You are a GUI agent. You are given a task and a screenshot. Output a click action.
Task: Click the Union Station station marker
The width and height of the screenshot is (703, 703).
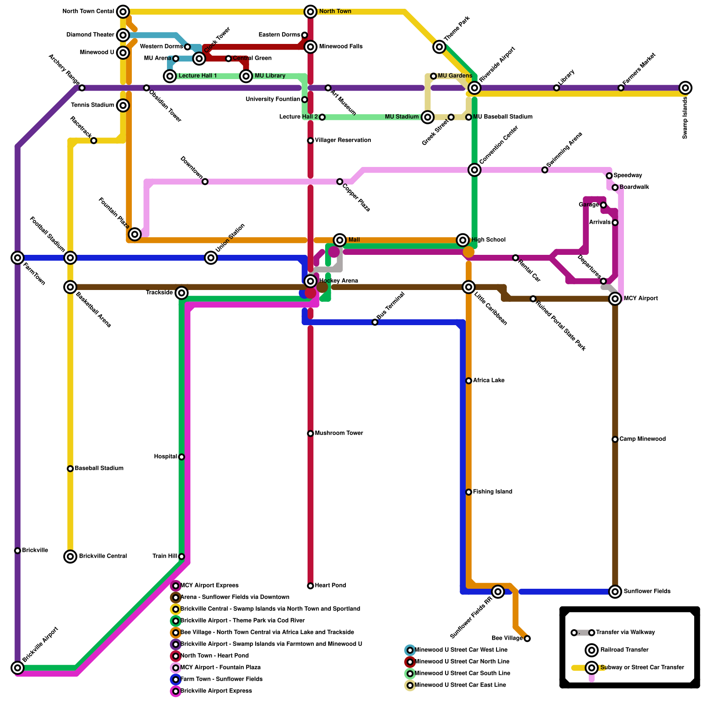coord(211,258)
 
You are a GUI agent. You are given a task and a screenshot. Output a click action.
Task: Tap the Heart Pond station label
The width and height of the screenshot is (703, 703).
coord(330,585)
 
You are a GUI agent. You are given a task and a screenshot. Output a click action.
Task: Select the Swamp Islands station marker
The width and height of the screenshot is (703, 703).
coord(685,88)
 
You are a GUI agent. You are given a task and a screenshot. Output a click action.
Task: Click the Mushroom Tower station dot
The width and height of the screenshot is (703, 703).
coord(311,434)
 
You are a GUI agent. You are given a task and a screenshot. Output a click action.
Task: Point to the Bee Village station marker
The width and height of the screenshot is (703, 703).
coord(527,638)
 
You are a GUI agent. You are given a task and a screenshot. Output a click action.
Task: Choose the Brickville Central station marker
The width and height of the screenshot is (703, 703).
coord(70,556)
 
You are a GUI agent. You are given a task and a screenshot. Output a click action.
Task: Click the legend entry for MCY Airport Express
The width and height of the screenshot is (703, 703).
coord(209,585)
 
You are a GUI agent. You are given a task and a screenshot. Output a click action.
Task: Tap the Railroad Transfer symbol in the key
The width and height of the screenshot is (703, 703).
coord(592,650)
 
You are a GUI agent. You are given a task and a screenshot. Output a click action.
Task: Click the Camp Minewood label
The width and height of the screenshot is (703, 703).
coord(642,439)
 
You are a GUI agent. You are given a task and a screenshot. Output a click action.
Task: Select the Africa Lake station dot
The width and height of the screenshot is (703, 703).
coord(469,380)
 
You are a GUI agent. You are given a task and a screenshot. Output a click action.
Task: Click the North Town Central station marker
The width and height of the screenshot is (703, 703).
coord(123,11)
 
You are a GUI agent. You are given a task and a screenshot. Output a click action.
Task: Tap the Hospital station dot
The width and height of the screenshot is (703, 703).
coord(181,457)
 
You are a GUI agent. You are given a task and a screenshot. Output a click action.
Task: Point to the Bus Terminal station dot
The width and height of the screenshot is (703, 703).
coord(375,322)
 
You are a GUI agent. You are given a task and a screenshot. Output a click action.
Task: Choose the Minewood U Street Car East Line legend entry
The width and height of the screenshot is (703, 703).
coord(460,685)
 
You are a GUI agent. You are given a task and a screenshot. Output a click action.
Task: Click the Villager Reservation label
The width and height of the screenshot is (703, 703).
coord(343,140)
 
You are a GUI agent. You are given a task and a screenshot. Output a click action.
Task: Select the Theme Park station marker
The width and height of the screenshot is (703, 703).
coord(439,47)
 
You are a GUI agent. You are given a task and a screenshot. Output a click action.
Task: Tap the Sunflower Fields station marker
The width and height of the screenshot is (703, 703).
coord(615,591)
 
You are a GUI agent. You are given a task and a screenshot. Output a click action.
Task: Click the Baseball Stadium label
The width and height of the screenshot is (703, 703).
coord(99,468)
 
